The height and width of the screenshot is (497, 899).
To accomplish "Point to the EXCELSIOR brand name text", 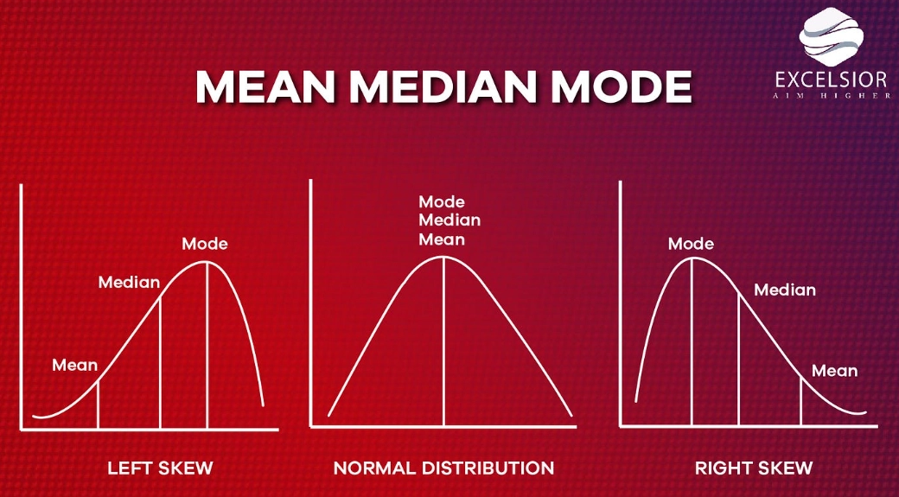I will click(x=831, y=80).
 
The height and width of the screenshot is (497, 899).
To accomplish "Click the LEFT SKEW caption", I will click(x=160, y=468).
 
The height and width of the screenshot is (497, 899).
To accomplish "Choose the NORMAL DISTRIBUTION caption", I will click(x=443, y=468).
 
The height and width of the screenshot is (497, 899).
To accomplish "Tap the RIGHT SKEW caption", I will click(x=754, y=468).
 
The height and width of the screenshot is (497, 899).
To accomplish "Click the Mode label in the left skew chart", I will click(x=205, y=244).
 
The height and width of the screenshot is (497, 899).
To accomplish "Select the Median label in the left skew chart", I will click(x=129, y=282).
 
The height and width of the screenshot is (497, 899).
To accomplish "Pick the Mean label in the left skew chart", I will click(x=75, y=365).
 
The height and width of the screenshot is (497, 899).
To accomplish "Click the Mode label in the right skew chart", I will click(x=691, y=244).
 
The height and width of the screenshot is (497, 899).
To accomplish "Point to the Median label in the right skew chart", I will click(x=785, y=290).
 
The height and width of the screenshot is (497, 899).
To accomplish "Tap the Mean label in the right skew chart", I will click(x=834, y=371).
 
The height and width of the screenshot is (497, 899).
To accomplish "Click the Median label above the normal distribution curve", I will click(x=449, y=220).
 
